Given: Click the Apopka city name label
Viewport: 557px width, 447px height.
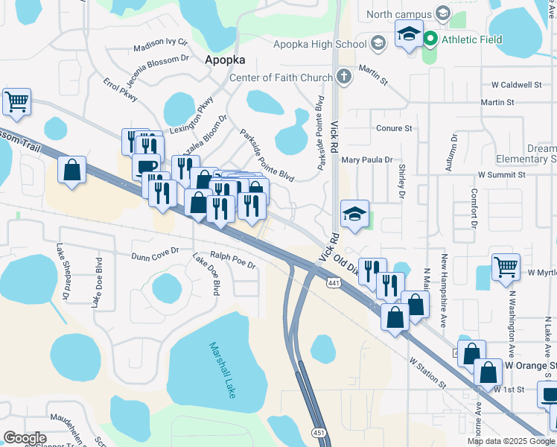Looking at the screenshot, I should click(224, 60).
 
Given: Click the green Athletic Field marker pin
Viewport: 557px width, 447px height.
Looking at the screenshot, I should click(430, 39).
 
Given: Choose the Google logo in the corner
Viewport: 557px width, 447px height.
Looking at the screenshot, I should click(25, 438).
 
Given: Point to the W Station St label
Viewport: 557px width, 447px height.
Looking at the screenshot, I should click(427, 372).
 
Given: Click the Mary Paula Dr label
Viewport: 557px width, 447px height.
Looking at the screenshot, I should click(366, 159).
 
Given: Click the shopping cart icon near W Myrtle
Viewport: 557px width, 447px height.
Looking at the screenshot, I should click(506, 266).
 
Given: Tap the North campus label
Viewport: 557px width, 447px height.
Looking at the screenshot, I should click(399, 13).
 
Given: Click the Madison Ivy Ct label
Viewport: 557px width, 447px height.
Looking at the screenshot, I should click(159, 47).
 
